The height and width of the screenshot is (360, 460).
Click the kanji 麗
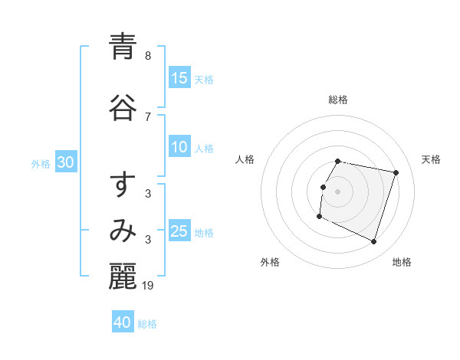(x=123, y=277)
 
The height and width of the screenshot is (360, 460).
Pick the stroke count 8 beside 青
(x=148, y=56)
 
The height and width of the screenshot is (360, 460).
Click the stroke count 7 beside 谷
(x=148, y=116)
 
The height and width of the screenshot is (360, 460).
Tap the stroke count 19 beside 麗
(x=149, y=286)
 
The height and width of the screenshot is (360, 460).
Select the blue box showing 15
(x=179, y=78)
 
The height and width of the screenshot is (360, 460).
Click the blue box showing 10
(x=179, y=147)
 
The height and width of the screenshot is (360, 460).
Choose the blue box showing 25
(x=179, y=231)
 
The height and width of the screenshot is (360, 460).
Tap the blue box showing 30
(x=66, y=162)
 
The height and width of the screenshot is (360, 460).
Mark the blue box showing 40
(x=123, y=322)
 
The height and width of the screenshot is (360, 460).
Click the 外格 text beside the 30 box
(x=41, y=164)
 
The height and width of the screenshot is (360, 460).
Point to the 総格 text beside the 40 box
(x=147, y=324)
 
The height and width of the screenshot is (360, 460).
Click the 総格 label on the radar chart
(x=338, y=100)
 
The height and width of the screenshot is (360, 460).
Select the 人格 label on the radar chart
(x=245, y=159)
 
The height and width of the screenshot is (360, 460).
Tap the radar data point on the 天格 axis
(x=396, y=173)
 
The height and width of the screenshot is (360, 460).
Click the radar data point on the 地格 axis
(x=374, y=242)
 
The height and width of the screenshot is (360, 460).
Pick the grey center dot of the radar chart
(x=338, y=191)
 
